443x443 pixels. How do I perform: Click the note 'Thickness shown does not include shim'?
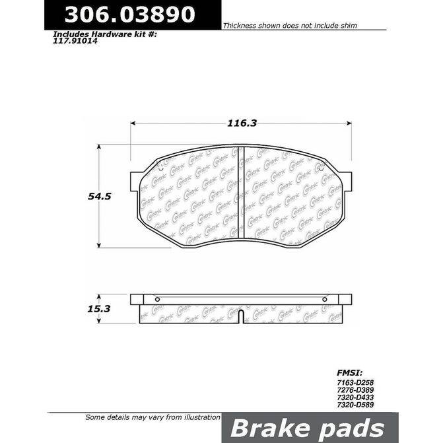(290, 25)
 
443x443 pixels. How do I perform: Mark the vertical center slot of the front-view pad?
(241, 195)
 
